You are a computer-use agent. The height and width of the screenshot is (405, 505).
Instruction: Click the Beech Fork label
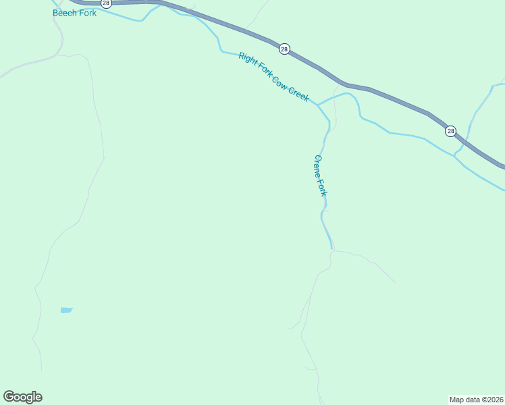[x=74, y=13]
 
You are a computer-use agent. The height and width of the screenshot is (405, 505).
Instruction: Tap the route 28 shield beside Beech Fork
[x=106, y=3]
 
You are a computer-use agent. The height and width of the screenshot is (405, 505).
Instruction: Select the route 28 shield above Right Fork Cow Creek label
[x=284, y=49]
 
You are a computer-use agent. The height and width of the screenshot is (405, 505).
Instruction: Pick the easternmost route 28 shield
[x=450, y=131]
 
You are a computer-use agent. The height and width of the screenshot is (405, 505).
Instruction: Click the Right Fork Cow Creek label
[x=273, y=78]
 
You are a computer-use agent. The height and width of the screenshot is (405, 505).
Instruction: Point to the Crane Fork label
[x=321, y=175]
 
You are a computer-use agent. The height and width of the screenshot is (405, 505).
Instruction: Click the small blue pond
[x=66, y=310]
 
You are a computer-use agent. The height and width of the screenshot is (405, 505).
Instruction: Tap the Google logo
[x=22, y=397]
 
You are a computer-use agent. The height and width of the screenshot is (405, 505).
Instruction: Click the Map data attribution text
[x=476, y=400]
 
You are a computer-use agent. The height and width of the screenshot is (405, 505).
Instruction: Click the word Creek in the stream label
[x=298, y=94]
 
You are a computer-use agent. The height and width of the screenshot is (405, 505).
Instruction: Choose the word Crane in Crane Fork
[x=318, y=166]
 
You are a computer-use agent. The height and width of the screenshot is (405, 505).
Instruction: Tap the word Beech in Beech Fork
[x=64, y=13]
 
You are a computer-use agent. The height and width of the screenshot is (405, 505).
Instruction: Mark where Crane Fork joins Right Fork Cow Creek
[x=318, y=105]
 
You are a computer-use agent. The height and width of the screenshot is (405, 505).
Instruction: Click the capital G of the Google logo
[x=9, y=397]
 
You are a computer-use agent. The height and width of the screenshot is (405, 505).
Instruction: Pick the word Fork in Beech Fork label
[x=87, y=13]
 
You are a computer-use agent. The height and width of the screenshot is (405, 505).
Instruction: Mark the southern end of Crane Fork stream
[x=331, y=248]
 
